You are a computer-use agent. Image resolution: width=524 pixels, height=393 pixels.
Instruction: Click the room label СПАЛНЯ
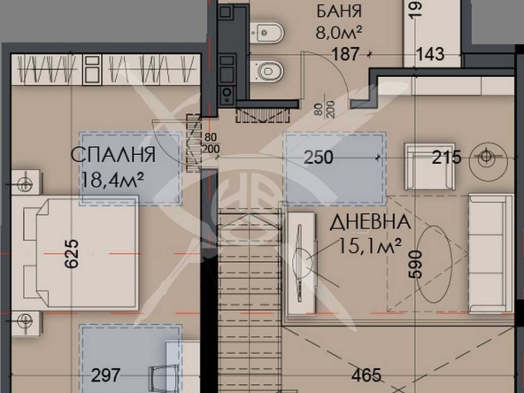pos(113,157)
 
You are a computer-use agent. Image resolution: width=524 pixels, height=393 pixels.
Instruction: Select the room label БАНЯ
pos(337,12)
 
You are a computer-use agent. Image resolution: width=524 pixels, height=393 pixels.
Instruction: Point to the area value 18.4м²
pos(113,181)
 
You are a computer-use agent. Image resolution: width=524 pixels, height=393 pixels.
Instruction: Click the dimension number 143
pos(432,54)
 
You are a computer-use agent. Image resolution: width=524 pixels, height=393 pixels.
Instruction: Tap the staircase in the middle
pos(247,292)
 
